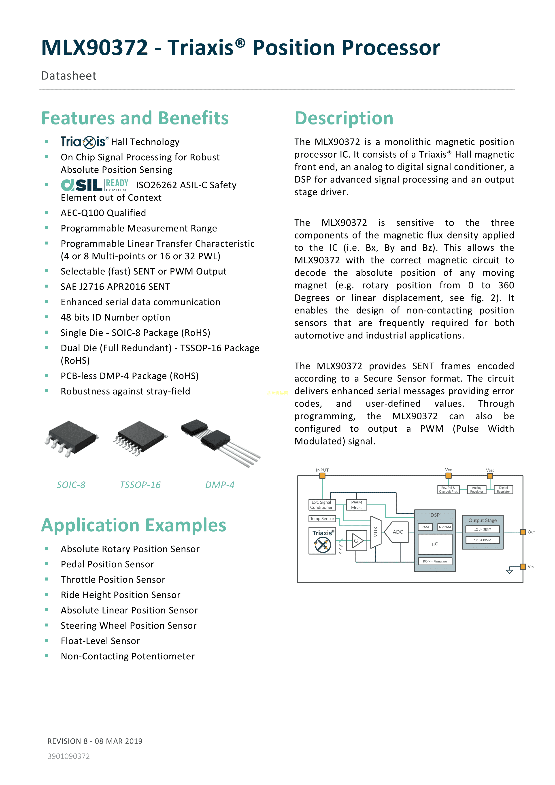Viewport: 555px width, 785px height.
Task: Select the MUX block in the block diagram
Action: pos(376,532)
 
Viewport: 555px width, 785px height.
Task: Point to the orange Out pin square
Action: pos(523,532)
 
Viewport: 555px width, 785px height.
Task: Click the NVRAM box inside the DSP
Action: pos(445,527)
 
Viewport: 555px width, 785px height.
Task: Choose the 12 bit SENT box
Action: pos(482,530)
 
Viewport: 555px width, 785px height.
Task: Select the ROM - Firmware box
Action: pos(435,561)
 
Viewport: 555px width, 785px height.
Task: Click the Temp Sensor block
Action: pos(322,519)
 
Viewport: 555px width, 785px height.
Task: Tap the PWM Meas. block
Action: pos(356,505)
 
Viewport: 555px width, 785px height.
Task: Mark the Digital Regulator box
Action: pos(503,489)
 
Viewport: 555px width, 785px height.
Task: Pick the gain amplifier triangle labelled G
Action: pos(357,541)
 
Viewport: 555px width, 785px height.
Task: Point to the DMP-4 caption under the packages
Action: pos(220,485)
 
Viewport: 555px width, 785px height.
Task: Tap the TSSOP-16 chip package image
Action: pos(140,438)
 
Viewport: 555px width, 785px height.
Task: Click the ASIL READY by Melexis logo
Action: pos(95,185)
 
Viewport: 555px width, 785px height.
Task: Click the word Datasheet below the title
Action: pos(69,76)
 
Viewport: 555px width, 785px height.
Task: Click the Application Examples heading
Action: pos(134,525)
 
